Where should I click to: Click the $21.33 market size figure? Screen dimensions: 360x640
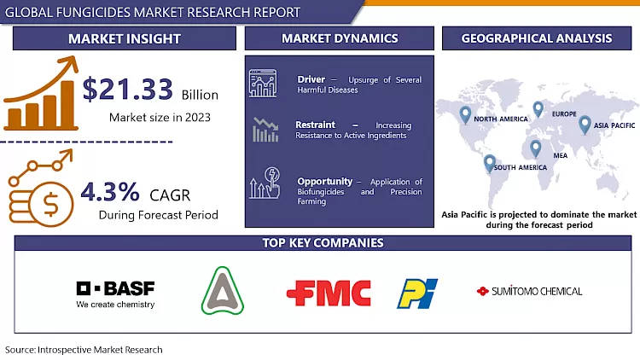pos(128,89)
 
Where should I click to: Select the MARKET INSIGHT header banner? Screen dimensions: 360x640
pos(125,38)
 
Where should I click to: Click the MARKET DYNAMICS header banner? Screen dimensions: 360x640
pos(340,38)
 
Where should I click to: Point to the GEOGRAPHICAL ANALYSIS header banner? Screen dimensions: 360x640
pos(536,38)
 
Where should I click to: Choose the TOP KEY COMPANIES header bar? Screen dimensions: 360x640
pos(322,243)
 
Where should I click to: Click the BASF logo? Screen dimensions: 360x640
pos(115,293)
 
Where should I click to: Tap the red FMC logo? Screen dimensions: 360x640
pos(329,293)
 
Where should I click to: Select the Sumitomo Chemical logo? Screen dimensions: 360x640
pos(530,291)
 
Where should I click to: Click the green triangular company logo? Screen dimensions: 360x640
pos(222,292)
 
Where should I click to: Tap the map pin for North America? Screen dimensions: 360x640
pos(465,113)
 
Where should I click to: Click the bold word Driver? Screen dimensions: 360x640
pos(311,79)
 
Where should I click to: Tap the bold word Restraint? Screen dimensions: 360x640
pos(315,125)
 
